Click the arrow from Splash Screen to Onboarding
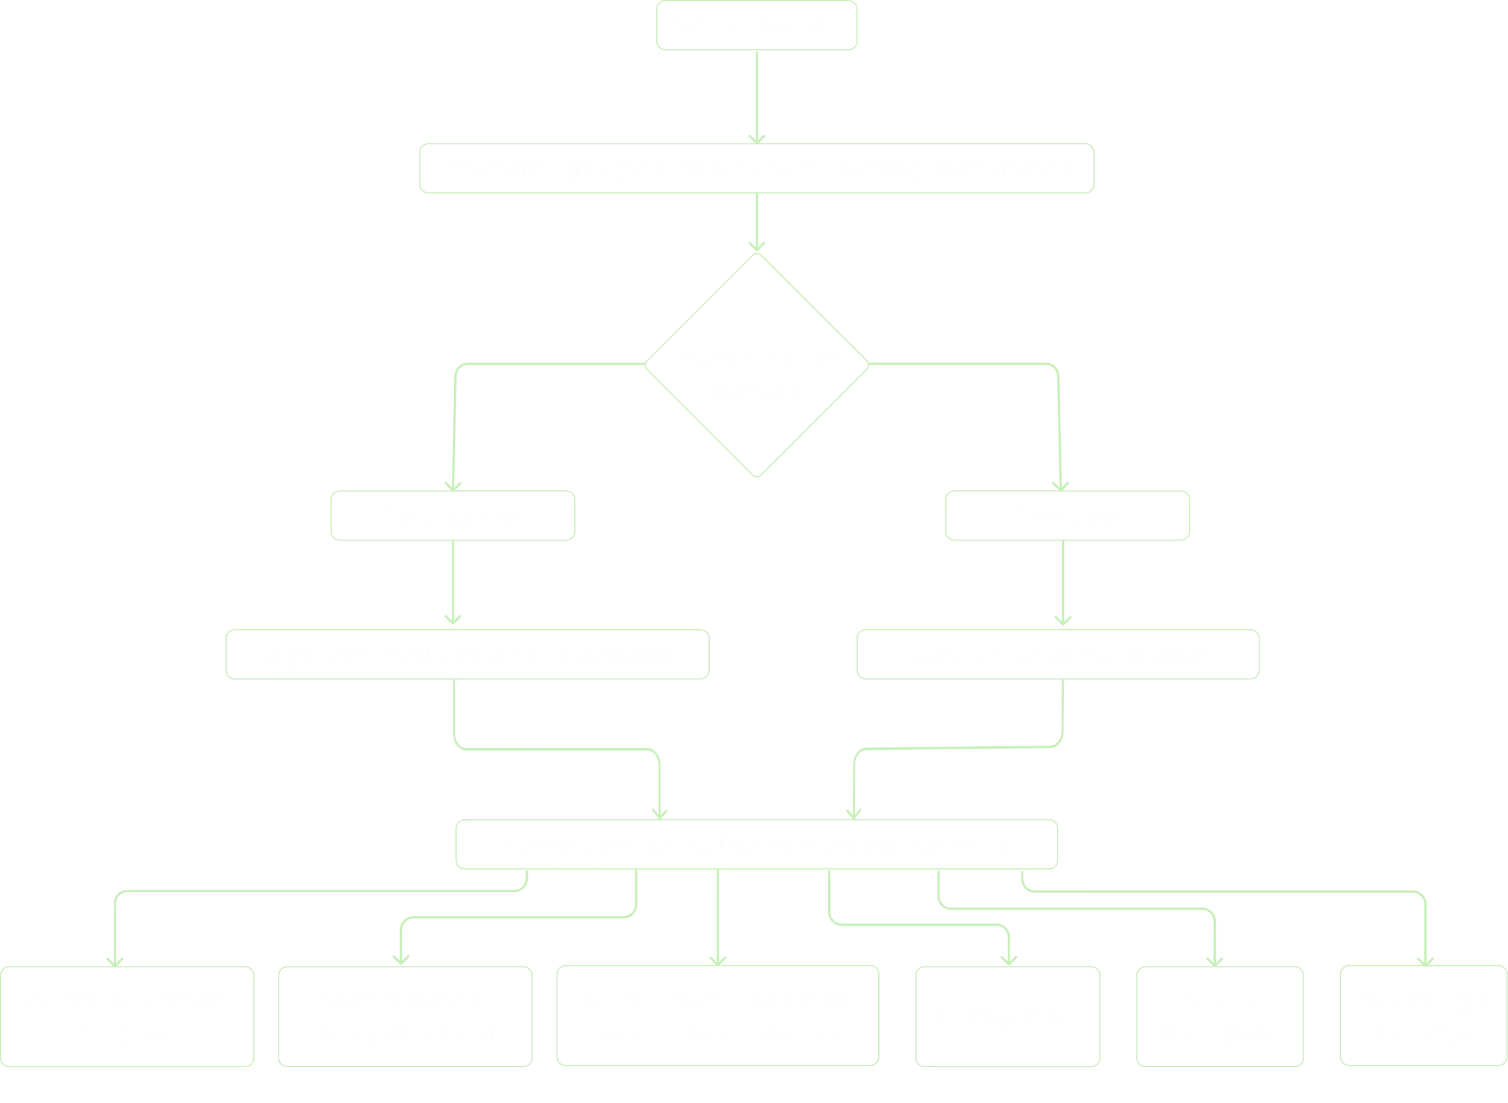pyautogui.click(x=756, y=97)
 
